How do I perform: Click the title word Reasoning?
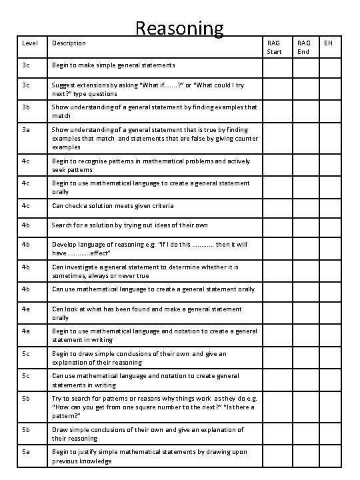179,27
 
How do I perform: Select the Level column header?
30,43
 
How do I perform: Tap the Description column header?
69,43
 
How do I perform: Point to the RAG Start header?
274,47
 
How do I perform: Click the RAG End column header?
303,47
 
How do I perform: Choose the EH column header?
328,43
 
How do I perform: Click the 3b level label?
26,107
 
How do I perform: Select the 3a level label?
26,129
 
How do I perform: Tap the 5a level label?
26,452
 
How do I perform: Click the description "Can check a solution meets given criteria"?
113,205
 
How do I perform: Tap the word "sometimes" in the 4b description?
70,275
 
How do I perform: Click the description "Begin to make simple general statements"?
113,65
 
